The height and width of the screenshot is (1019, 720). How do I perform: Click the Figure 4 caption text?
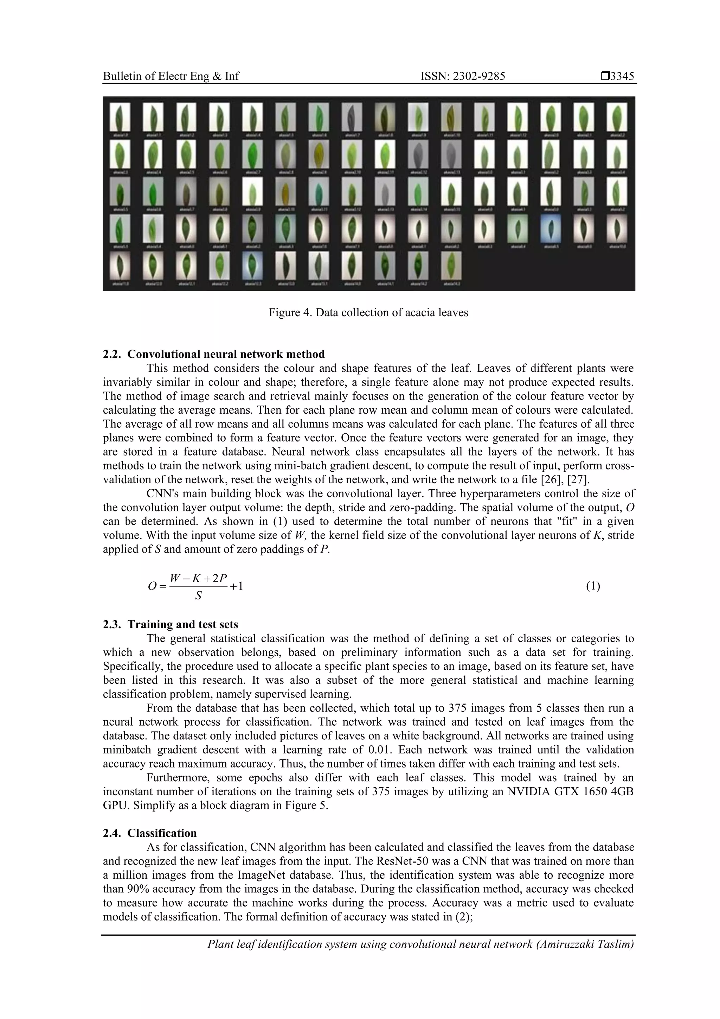[368, 312]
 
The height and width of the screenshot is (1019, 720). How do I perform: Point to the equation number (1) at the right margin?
[593, 586]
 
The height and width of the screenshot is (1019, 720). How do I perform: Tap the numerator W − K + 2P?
[198, 578]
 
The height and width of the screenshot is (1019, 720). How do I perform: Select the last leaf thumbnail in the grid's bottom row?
[451, 266]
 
